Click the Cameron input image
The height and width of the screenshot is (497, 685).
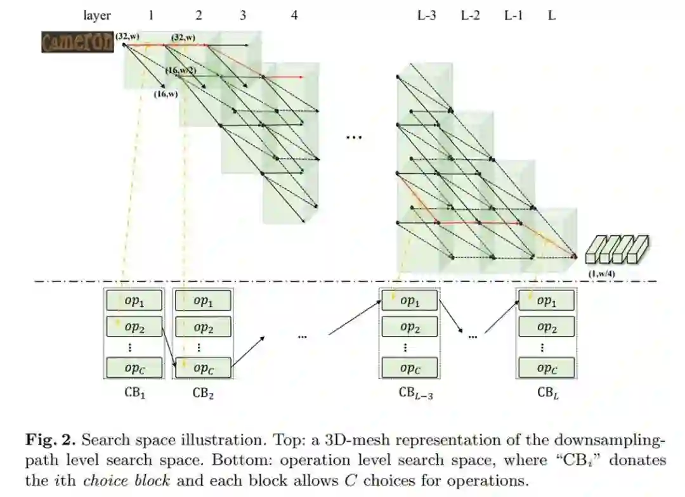[x=78, y=42]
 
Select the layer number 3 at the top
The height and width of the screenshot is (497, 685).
[x=243, y=16]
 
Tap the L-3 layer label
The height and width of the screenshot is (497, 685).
[x=426, y=16]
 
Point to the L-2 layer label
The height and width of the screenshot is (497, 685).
[x=470, y=16]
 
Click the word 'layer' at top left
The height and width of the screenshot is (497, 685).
[x=97, y=16]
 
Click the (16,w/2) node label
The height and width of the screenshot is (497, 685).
[x=181, y=70]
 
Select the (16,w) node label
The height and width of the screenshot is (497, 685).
[x=167, y=94]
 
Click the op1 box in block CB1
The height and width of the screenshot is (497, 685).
[x=134, y=300]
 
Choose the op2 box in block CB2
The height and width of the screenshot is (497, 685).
[x=202, y=327]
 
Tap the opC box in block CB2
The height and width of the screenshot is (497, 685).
[x=202, y=368]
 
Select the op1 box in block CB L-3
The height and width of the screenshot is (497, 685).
[x=409, y=300]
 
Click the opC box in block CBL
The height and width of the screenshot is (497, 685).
[x=546, y=368]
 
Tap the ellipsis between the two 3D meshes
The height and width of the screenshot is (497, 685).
[x=353, y=136]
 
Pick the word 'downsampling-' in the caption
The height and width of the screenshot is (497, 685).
[x=609, y=440]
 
